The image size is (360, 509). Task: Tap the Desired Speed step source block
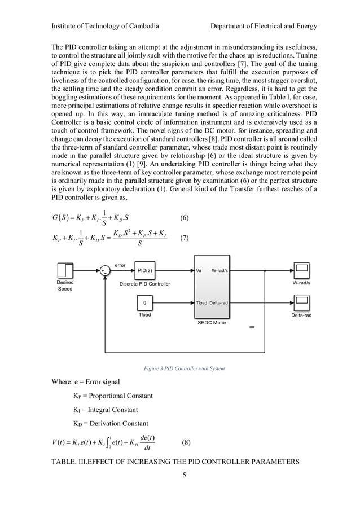[65, 270]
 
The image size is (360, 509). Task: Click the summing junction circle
[104, 271]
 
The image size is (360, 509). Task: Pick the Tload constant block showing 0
[144, 303]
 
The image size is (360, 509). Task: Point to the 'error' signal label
[120, 264]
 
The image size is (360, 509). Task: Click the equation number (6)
[184, 217]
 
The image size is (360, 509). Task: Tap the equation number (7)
[184, 238]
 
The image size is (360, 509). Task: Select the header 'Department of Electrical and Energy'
[263, 26]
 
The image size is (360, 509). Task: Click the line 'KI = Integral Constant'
[106, 409]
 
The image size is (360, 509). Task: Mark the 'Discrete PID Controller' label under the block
[144, 283]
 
